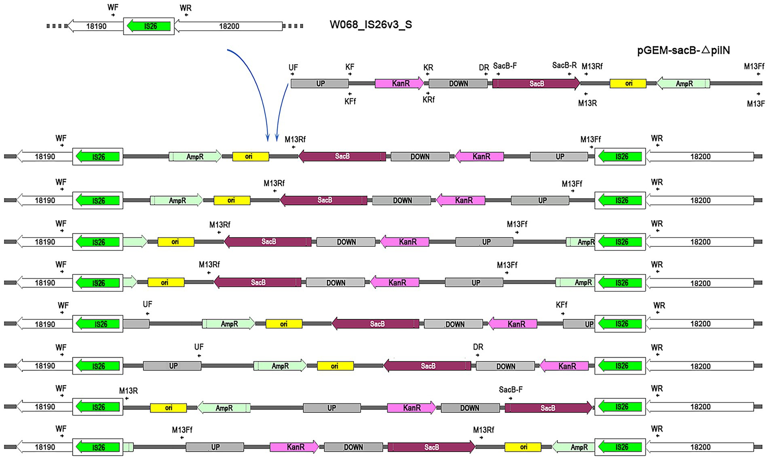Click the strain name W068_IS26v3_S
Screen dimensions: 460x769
click(371, 25)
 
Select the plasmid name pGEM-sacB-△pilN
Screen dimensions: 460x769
click(683, 51)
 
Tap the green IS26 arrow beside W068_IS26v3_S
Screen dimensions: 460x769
click(148, 26)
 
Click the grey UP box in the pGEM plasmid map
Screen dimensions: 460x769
click(319, 84)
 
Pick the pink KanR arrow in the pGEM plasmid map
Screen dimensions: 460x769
click(399, 84)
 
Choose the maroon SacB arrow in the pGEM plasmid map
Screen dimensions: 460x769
click(536, 84)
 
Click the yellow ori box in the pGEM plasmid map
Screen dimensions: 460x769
click(628, 83)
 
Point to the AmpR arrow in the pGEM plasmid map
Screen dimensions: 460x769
click(683, 84)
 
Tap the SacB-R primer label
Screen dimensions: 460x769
click(564, 66)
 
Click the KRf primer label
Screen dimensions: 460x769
click(429, 100)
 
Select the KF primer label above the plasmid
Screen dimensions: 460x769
click(350, 67)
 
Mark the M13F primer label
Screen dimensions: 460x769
click(756, 104)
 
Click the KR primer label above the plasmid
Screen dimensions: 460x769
click(428, 68)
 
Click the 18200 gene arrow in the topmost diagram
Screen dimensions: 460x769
click(228, 26)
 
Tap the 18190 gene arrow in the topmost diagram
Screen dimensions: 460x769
click(96, 26)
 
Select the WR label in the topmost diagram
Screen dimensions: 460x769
click(186, 8)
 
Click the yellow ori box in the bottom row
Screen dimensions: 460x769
click(523, 447)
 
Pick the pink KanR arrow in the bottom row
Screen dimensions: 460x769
click(294, 447)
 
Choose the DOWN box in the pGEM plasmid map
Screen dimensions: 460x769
click(458, 84)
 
